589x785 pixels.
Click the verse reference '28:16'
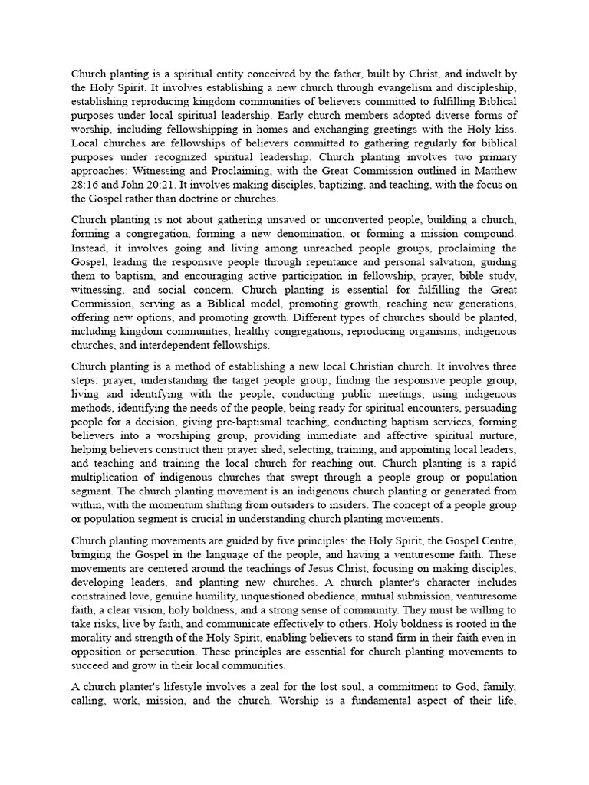point(86,185)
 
